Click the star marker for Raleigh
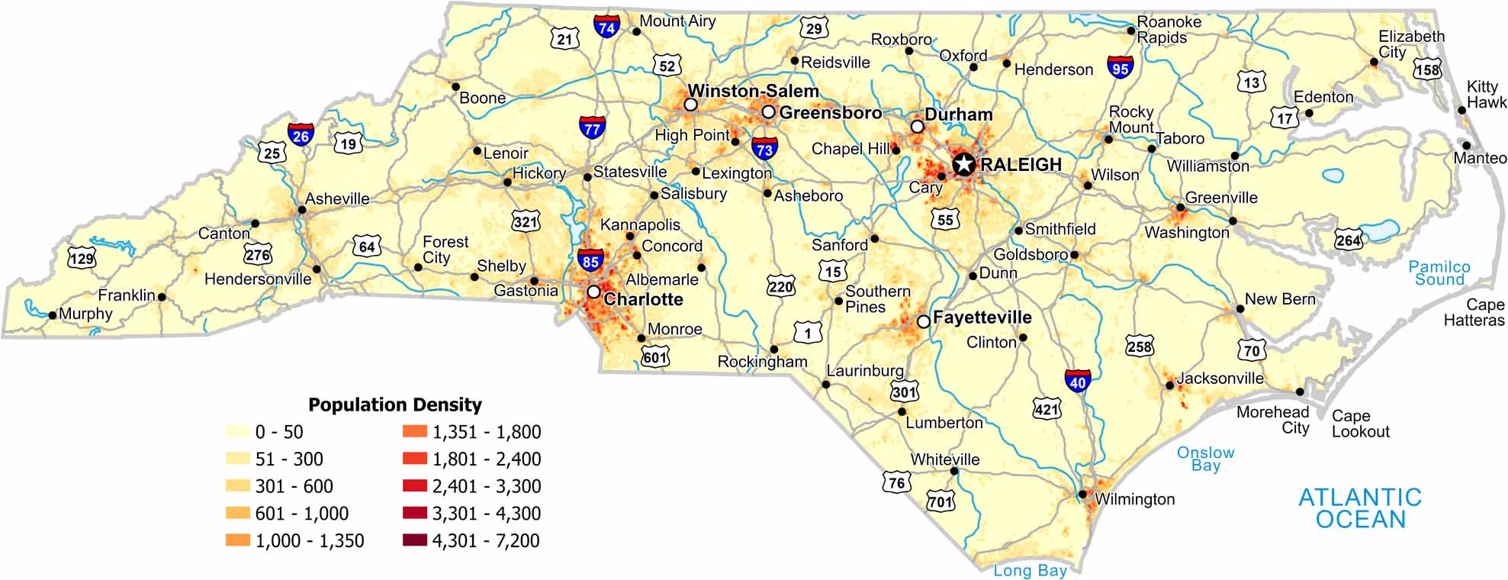pos(964,163)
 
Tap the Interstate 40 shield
pos(1077,380)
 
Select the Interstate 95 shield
pos(1120,67)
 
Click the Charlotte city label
pos(642,299)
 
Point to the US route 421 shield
pos(1047,409)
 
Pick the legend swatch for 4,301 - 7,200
pos(415,541)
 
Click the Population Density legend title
pos(394,404)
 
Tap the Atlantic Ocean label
pos(1360,508)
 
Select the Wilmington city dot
pos(1082,495)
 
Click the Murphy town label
pos(85,314)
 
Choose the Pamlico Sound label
pos(1439,272)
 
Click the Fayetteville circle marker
pos(923,322)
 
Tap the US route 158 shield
pos(1427,69)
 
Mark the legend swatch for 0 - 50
pos(238,432)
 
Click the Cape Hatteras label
pos(1474,312)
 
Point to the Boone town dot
pos(455,86)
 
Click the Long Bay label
pos(1030,570)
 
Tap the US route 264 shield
pos(1348,240)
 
